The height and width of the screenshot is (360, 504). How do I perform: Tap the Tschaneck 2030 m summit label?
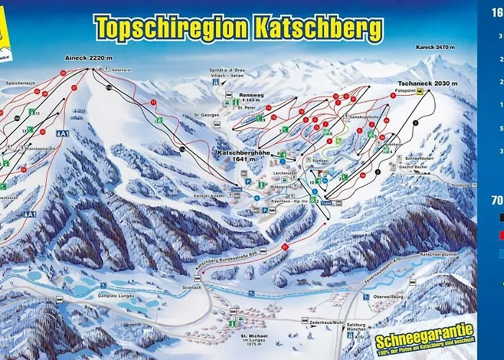coord(427,84)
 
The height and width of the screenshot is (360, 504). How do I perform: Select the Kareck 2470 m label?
coord(436,48)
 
